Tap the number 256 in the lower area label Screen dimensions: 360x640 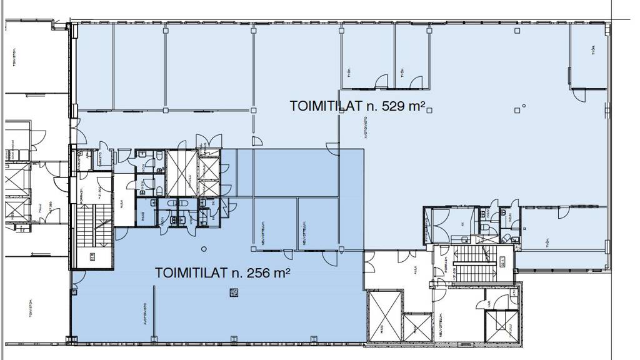[x=257, y=273]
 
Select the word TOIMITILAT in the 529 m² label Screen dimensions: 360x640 [x=326, y=106]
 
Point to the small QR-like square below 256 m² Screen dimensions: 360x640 [x=234, y=291]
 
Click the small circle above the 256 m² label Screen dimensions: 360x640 [x=204, y=249]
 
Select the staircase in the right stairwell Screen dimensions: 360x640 [x=479, y=262]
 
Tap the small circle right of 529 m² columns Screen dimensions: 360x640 [x=524, y=106]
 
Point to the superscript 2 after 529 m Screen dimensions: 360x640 [x=423, y=103]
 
